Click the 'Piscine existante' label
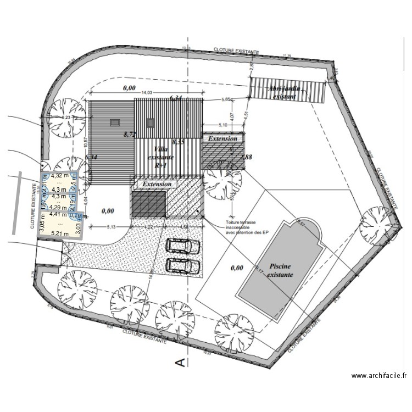280,269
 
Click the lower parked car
182,265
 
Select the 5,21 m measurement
60,233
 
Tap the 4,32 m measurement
60,176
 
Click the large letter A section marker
179,361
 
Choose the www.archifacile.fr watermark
378,376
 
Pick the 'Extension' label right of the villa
222,139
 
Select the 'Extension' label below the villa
157,185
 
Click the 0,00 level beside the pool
237,268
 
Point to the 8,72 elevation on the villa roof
130,134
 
